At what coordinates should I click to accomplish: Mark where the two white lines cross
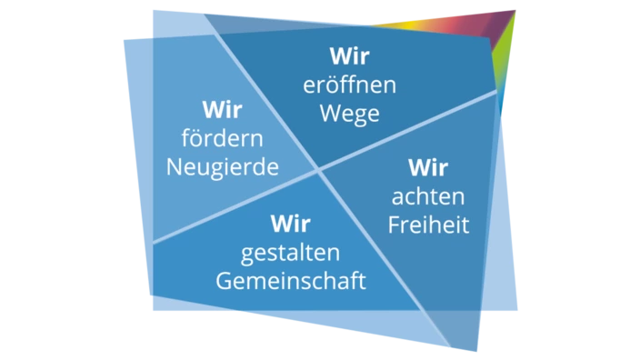318,170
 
